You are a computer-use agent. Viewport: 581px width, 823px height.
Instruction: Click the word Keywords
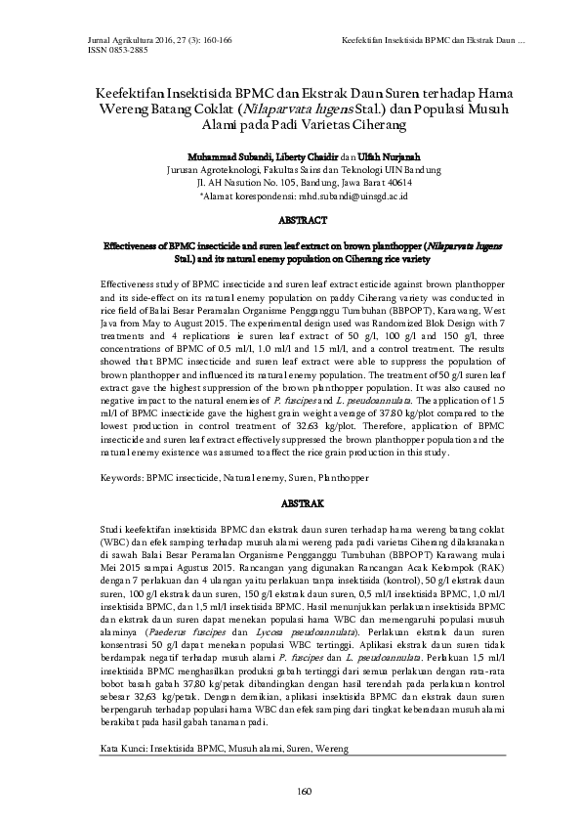click(x=121, y=479)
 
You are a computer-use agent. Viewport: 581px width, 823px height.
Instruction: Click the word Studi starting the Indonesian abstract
click(x=112, y=528)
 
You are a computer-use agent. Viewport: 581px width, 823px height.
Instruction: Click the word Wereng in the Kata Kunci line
click(x=329, y=748)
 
